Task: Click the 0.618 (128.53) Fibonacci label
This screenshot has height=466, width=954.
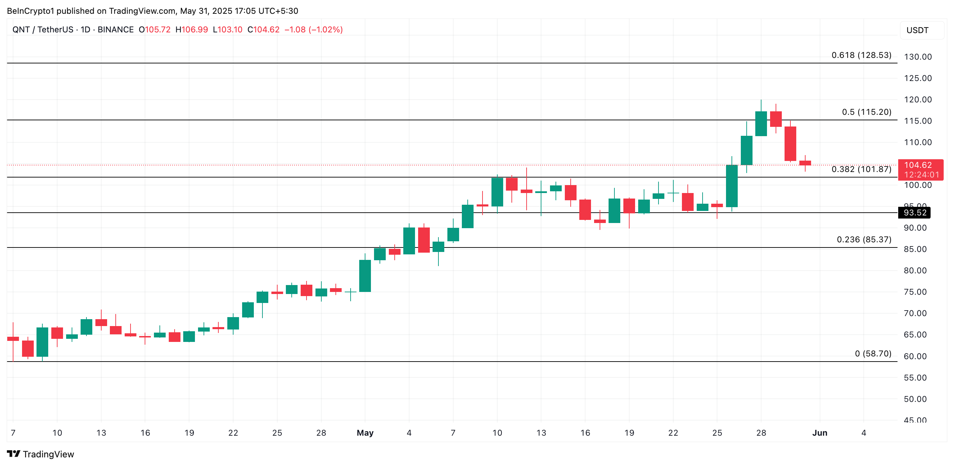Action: click(x=861, y=55)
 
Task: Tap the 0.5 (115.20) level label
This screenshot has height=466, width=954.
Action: click(x=866, y=112)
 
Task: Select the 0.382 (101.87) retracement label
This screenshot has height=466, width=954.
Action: click(x=861, y=169)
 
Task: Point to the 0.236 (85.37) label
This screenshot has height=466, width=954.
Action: click(x=864, y=240)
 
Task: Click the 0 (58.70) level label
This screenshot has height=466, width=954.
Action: click(x=873, y=354)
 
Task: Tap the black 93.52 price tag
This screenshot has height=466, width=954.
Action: click(x=914, y=213)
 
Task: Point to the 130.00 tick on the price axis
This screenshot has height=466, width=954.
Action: click(x=918, y=57)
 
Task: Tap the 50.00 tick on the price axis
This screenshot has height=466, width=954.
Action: click(x=915, y=399)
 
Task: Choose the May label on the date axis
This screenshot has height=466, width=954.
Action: click(x=365, y=433)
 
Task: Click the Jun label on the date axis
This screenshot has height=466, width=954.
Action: click(x=820, y=433)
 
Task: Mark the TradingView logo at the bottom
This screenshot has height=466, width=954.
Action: click(x=41, y=454)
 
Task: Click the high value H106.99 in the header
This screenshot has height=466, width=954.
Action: click(x=191, y=30)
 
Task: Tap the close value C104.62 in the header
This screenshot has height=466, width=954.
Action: click(x=263, y=30)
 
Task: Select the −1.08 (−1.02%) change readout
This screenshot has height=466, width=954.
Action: click(x=313, y=30)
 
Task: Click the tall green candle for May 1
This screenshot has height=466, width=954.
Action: click(x=365, y=276)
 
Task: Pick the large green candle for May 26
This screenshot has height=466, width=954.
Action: click(x=732, y=186)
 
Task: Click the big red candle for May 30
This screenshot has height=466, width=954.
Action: click(x=790, y=143)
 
